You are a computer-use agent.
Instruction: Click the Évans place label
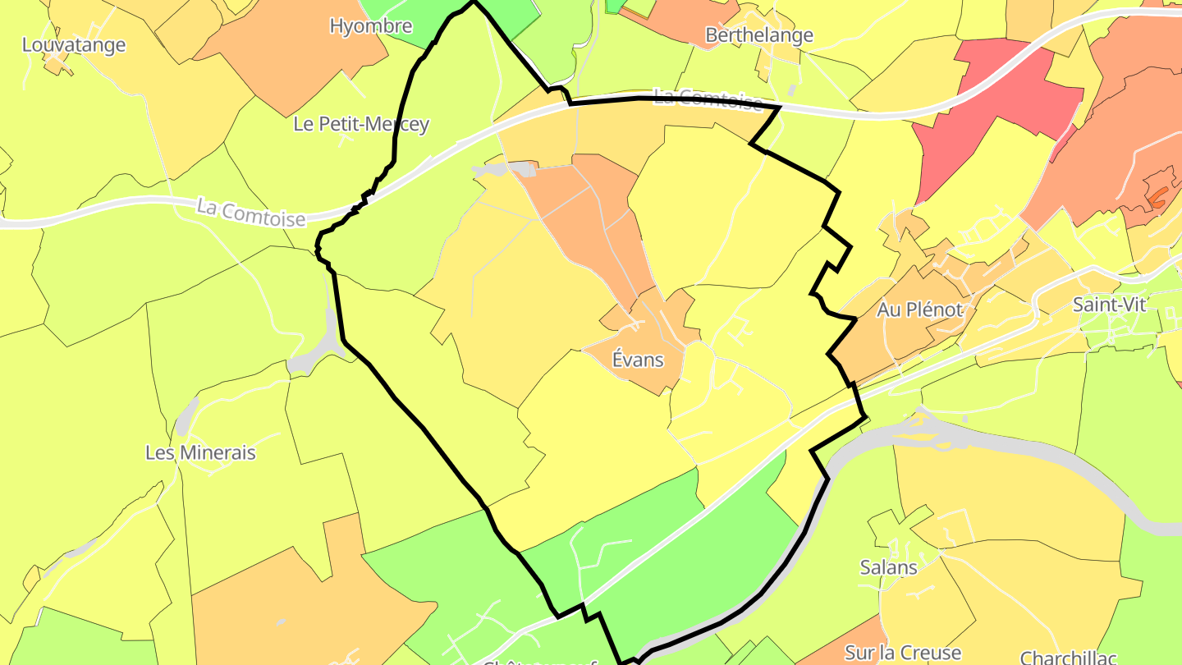[x=638, y=360]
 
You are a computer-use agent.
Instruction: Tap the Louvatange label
[x=74, y=44]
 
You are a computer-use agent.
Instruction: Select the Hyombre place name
[x=370, y=25]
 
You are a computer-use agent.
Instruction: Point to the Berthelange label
[x=759, y=34]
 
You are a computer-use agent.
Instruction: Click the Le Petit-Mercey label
[x=361, y=124]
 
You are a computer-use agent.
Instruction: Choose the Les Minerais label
[x=200, y=452]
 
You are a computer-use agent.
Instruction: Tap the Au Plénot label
[x=919, y=310]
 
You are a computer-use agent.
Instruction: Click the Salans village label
[x=888, y=566]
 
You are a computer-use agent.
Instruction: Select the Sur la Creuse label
[x=903, y=653]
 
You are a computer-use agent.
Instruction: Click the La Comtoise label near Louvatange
[x=250, y=213]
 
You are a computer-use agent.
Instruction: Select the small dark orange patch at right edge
[x=1158, y=196]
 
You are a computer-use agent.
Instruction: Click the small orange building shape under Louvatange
[x=56, y=65]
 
